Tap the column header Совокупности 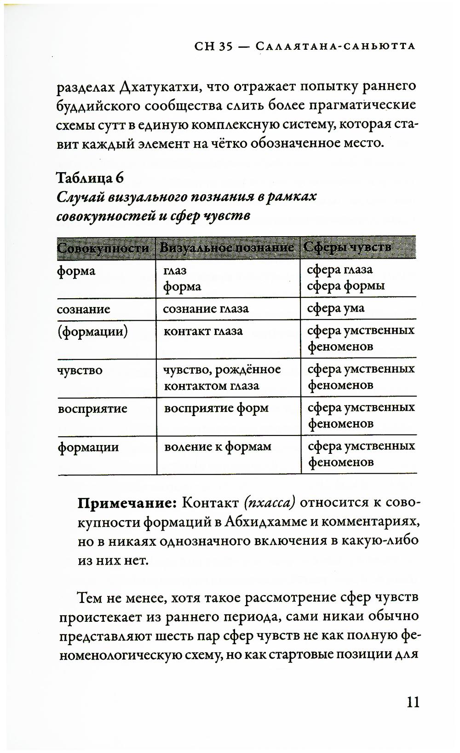coord(103,248)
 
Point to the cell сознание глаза coord(206,308)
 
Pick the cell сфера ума coord(335,308)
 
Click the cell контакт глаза coord(203,331)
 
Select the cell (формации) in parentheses coord(92,331)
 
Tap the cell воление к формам coord(218,446)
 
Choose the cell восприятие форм coord(216,408)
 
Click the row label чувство coord(80,370)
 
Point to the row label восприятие coord(92,409)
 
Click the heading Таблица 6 coord(90,177)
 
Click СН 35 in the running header coord(213,46)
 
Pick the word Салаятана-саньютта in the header coord(335,46)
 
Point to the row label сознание coord(84,309)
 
